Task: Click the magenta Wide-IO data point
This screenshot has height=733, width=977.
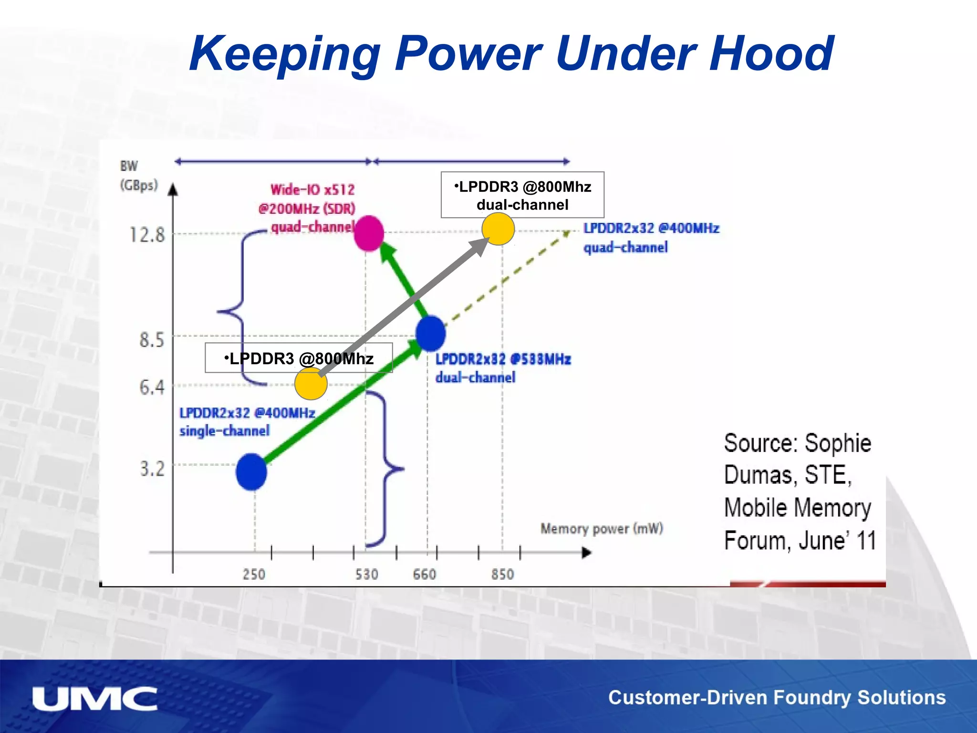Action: pos(369,233)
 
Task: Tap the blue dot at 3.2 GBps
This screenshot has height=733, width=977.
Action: pos(251,471)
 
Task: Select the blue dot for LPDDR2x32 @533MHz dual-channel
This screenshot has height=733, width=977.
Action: pos(430,334)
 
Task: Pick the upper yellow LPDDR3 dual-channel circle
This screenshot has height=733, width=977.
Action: pos(498,229)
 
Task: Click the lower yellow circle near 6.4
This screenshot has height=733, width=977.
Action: pos(311,383)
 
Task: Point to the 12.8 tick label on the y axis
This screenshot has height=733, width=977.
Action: pos(147,235)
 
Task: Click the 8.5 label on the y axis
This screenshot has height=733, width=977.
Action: pos(151,340)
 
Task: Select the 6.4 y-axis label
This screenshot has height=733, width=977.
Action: pos(151,387)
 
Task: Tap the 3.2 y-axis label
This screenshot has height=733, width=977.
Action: pos(152,469)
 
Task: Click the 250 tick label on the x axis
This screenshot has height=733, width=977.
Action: pos(254,574)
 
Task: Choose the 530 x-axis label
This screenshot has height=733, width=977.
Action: pos(366,574)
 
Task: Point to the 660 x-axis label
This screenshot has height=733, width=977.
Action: pos(425,574)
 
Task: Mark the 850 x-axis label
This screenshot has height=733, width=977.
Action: pos(503,574)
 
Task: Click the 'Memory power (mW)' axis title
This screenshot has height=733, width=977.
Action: pos(602,529)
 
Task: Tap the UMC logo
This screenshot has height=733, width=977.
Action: pos(94,699)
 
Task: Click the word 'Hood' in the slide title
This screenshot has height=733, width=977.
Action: pos(771,53)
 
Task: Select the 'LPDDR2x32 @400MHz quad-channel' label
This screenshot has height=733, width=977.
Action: pos(651,238)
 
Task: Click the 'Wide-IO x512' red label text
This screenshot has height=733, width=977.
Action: pos(312,190)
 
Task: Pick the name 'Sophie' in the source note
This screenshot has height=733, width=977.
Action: pos(838,443)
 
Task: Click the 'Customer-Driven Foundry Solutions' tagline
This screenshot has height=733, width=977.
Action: pos(777,698)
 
